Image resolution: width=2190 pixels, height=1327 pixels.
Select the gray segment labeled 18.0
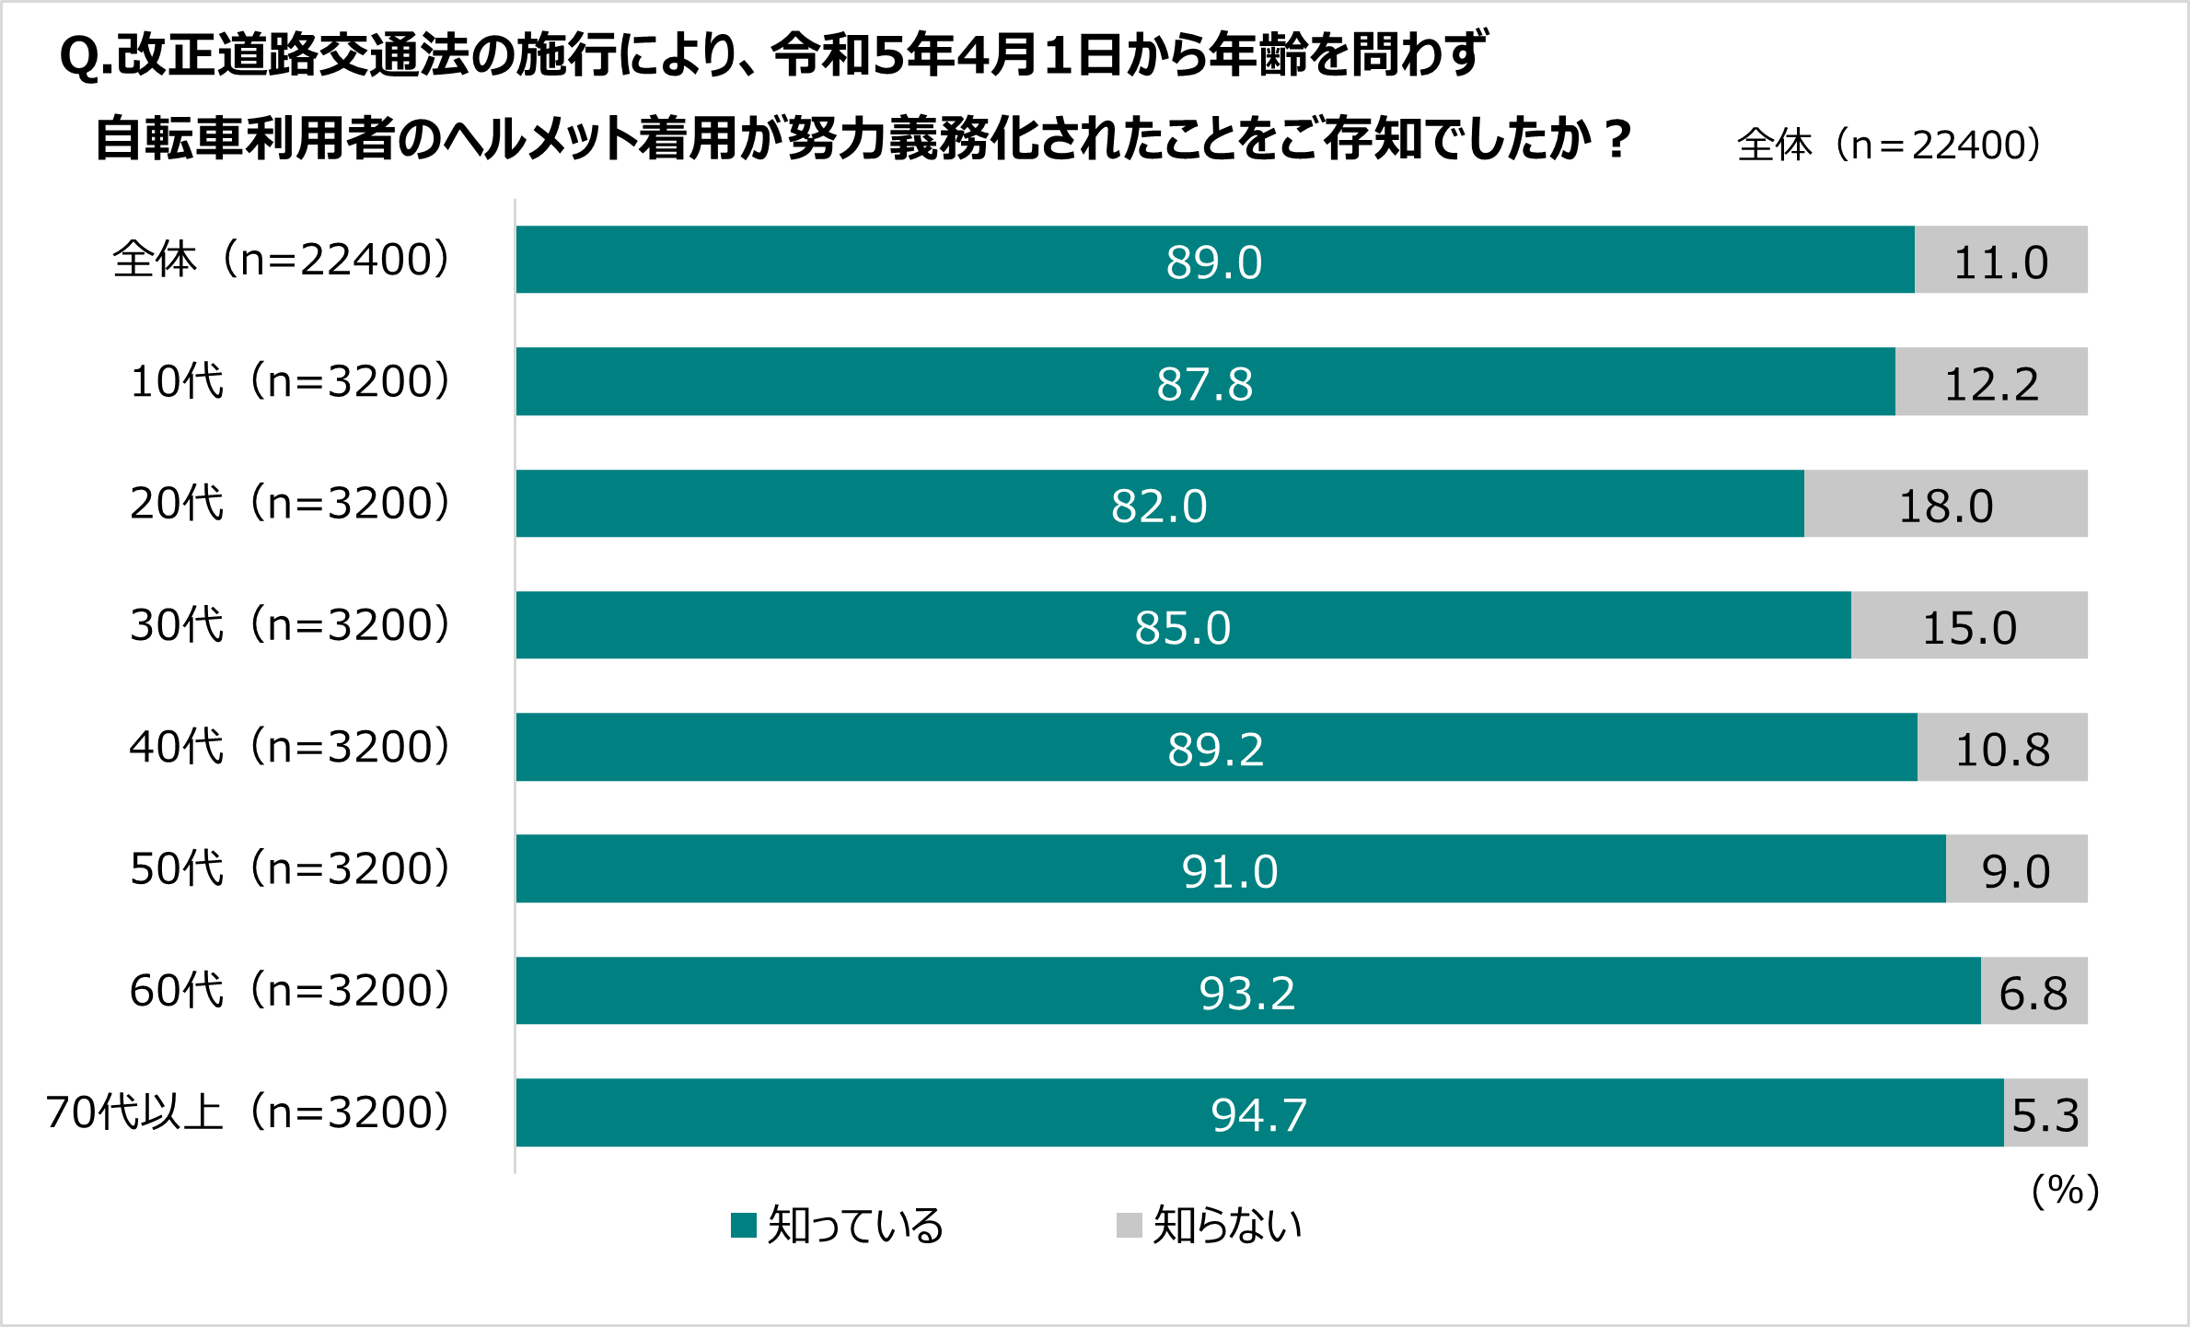pyautogui.click(x=1945, y=505)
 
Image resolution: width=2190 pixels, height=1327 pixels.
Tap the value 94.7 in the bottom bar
pyautogui.click(x=1258, y=1114)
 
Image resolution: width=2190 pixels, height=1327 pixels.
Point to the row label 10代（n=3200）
pyautogui.click(x=291, y=381)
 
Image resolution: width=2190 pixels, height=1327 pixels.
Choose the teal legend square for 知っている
pyautogui.click(x=743, y=1225)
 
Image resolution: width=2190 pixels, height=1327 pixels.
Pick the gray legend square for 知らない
pyautogui.click(x=1129, y=1225)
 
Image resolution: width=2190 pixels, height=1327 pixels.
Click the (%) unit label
pyautogui.click(x=2065, y=1191)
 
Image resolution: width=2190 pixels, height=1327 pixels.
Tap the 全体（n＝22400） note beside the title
pyautogui.click(x=1888, y=145)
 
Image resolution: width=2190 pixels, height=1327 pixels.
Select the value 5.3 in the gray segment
pyautogui.click(x=2045, y=1115)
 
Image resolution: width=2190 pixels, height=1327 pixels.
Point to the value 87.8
pyautogui.click(x=1204, y=384)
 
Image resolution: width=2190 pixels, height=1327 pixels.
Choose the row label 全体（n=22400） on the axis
pyautogui.click(x=282, y=260)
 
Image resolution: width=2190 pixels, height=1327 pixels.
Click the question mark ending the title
pyautogui.click(x=1616, y=140)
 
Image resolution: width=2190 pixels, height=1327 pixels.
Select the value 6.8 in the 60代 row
pyautogui.click(x=2034, y=993)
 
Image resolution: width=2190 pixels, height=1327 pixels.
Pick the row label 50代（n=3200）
pyautogui.click(x=291, y=868)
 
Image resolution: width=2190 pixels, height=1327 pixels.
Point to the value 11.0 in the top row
pyautogui.click(x=2000, y=262)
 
